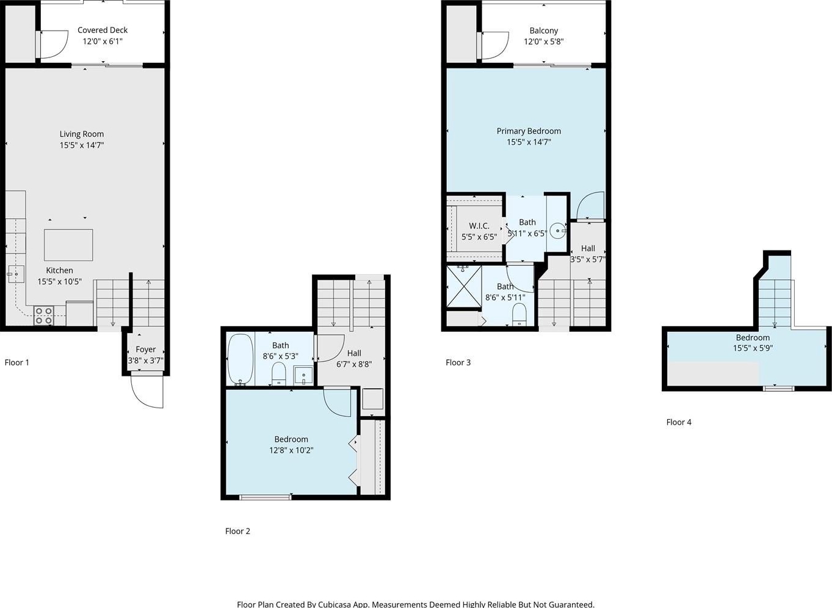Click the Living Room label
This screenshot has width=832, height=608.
point(82,134)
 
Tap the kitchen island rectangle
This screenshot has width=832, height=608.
point(68,245)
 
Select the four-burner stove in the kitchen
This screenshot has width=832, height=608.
point(44,315)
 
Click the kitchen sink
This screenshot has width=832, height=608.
point(16,274)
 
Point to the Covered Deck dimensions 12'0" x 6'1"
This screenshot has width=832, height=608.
point(103,42)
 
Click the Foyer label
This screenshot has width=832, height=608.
point(146,350)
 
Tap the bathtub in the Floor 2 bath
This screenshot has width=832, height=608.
point(241,359)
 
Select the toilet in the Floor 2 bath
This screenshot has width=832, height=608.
point(278,374)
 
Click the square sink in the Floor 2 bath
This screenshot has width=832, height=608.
point(303,376)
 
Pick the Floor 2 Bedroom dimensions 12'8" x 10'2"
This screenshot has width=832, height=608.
point(291,450)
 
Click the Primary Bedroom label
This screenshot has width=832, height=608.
point(529,131)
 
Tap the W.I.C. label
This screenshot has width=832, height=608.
point(479,225)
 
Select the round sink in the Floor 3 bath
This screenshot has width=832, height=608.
point(557,231)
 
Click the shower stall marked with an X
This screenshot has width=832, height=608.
point(464,287)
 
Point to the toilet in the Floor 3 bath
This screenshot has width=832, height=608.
point(519,315)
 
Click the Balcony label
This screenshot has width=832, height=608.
point(544,31)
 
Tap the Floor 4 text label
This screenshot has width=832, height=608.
point(679,422)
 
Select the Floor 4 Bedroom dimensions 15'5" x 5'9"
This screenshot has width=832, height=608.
point(753,348)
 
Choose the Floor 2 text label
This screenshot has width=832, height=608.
point(237,531)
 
